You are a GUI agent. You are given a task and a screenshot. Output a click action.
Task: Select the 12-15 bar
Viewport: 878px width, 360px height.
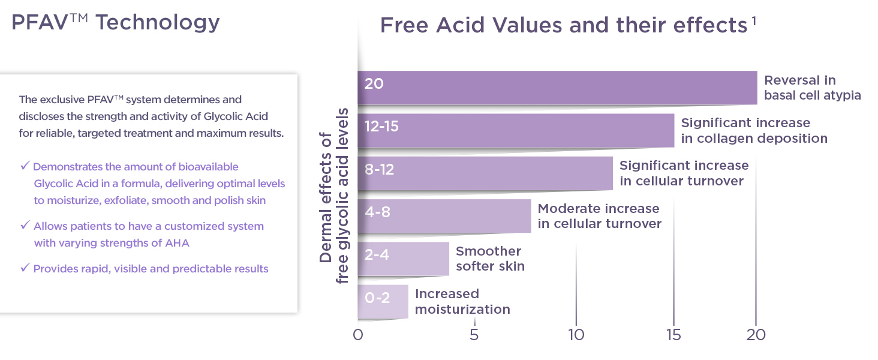[516, 130]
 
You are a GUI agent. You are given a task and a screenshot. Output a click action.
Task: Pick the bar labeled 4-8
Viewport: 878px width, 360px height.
[444, 215]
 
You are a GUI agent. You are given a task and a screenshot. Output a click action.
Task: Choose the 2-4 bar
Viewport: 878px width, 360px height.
[403, 259]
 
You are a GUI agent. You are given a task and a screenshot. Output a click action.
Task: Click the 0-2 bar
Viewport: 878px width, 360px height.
[383, 301]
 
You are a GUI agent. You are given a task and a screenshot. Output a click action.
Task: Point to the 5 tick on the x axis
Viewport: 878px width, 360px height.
[474, 335]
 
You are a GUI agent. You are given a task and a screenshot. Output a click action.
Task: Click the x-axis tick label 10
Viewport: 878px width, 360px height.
[576, 335]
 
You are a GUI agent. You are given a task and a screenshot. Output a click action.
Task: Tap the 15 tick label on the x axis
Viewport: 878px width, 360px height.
[673, 335]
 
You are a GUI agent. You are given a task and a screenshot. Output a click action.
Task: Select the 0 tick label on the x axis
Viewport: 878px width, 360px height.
[358, 335]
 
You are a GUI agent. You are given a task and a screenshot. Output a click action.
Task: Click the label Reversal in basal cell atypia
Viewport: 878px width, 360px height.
[812, 88]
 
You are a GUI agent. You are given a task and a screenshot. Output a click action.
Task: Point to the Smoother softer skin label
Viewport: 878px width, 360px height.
[490, 259]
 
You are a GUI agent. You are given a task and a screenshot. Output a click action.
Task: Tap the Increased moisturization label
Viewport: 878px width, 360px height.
[462, 301]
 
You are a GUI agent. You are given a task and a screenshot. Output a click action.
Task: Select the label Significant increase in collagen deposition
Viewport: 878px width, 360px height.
[754, 130]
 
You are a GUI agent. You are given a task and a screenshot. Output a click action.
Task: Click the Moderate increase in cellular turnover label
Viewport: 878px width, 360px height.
[599, 216]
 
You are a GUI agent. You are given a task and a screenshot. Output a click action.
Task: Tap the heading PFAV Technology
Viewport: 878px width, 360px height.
[116, 23]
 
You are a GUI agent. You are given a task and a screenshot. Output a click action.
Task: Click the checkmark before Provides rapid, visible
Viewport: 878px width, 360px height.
[25, 268]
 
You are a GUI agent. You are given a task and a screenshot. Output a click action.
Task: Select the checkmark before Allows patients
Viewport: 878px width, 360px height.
[25, 226]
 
